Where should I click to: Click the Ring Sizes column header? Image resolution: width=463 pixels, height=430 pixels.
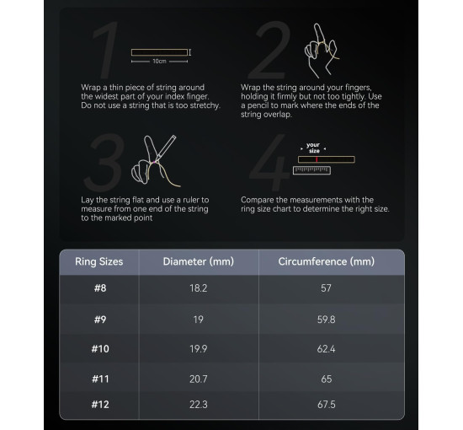pos(99,261)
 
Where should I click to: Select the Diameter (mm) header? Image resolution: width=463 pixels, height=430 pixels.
pos(199,261)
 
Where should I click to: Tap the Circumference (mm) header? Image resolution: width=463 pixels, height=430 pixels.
pos(327,261)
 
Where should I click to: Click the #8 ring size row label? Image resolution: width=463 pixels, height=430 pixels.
pos(100,288)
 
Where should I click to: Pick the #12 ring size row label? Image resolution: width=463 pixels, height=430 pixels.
pos(100,404)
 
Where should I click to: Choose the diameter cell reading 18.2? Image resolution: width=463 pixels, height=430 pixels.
pos(199,288)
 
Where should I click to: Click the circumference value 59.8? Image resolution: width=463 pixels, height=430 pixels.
pos(327,320)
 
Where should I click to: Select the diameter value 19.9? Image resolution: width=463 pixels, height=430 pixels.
pos(199,349)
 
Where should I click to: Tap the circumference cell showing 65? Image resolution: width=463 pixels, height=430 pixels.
pos(327,379)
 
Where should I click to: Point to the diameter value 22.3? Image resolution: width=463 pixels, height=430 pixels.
pos(199,404)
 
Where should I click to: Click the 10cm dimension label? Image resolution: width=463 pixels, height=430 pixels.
pos(159,62)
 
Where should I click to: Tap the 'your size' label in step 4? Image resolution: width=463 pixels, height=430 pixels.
pos(313,148)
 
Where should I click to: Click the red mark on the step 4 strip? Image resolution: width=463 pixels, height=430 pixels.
pos(317,159)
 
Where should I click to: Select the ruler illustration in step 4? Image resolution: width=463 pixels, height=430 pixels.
pos(311,170)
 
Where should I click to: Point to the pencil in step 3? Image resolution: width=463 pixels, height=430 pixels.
pos(166,147)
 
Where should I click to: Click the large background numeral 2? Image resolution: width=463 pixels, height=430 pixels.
pos(270,51)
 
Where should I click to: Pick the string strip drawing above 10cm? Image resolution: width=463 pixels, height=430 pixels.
pos(159,52)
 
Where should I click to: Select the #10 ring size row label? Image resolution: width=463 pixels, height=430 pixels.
pos(100,349)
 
